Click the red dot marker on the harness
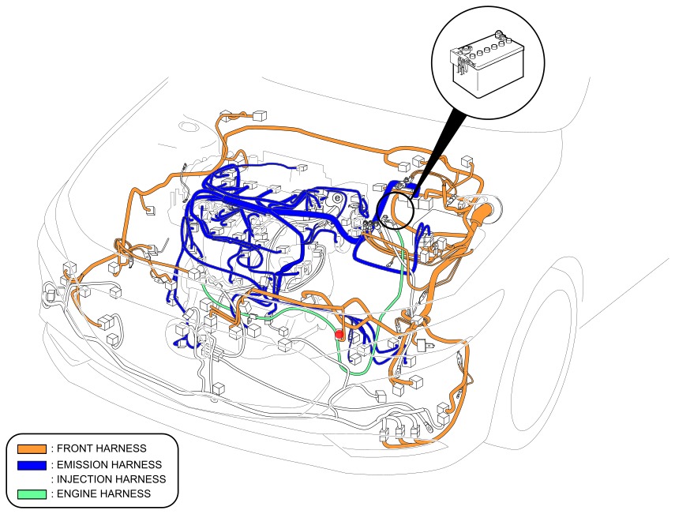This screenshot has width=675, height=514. tap(340, 334)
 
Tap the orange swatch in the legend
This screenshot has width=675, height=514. tap(28, 448)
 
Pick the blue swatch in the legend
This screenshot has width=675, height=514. tap(28, 464)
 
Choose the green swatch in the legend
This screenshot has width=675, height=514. tap(28, 494)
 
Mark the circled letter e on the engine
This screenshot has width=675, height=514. tap(338, 197)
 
